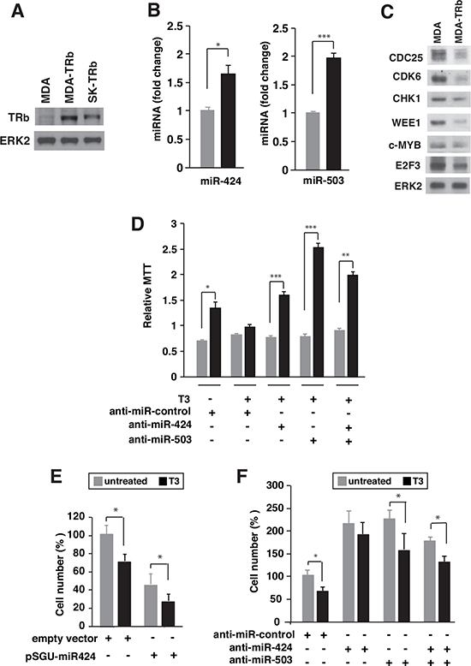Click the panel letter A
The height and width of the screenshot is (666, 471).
click(17, 11)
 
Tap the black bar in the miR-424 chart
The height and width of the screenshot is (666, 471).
click(229, 121)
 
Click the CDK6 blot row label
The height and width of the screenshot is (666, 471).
click(407, 76)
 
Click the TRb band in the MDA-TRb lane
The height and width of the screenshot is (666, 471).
click(69, 116)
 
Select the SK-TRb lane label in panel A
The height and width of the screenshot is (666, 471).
click(92, 81)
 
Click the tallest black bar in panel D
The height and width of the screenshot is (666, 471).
click(318, 312)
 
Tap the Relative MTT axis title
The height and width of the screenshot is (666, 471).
click(147, 296)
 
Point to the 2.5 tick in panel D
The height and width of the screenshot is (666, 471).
click(170, 249)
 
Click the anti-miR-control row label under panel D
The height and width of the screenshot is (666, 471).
click(150, 411)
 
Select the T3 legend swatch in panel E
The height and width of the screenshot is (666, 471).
click(163, 481)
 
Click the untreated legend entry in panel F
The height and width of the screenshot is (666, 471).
click(365, 481)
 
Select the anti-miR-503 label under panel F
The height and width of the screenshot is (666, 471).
click(260, 660)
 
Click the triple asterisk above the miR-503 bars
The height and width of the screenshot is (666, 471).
click(324, 37)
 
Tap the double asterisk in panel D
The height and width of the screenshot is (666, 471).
click(346, 256)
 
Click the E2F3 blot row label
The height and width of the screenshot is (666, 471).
click(408, 165)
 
